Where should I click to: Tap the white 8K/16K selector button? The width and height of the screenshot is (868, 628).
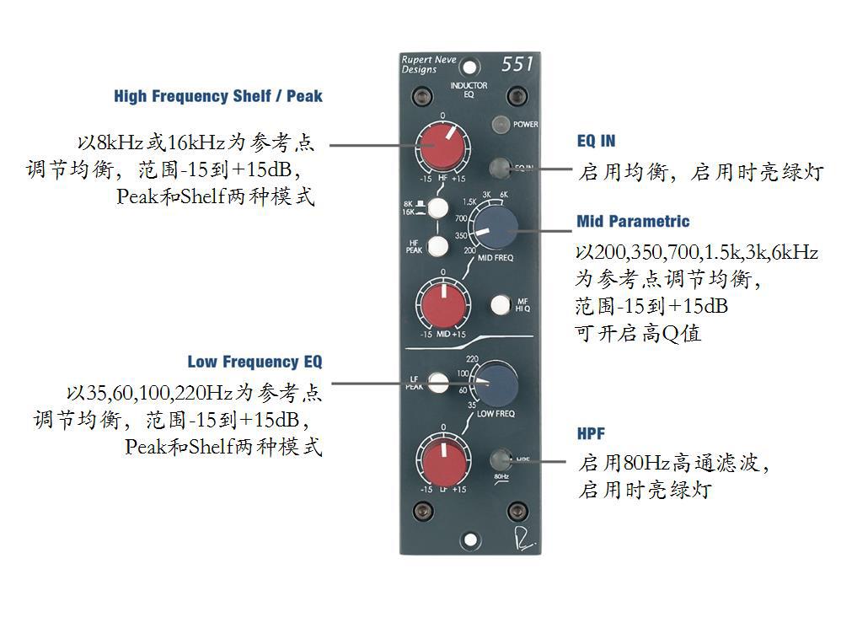438,207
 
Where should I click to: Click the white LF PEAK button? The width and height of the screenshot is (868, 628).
438,383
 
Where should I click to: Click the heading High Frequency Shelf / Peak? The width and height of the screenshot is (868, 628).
218,96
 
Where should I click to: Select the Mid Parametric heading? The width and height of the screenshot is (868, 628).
633,222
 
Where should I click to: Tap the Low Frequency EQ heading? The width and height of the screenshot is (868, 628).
255,362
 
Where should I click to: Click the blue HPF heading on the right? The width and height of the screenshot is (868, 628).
591,435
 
